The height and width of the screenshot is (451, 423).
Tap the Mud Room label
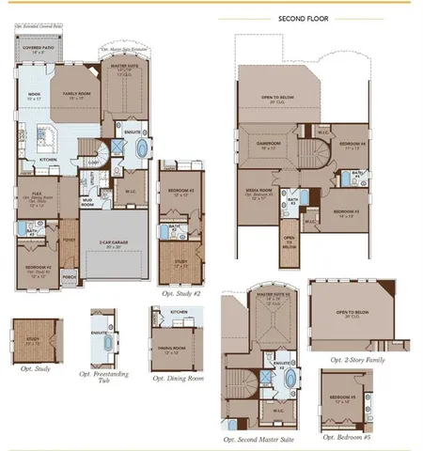[86, 203]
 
